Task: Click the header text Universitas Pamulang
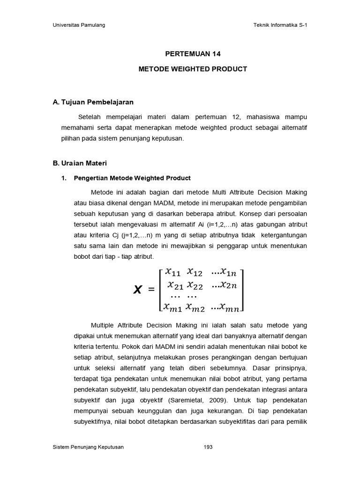coord(79,25)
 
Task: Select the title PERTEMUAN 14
coord(193,54)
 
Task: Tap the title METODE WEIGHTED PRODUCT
coord(193,69)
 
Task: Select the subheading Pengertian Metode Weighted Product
coord(133,178)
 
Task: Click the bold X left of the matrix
coord(137,290)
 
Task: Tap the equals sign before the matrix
coord(151,290)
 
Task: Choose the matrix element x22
coord(195,285)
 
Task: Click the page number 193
coord(208,447)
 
